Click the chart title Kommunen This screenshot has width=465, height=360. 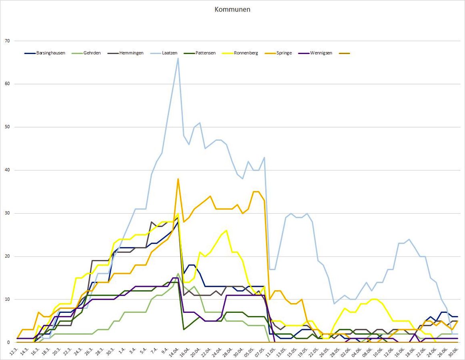[x=232, y=10]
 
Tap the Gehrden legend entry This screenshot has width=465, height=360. [x=92, y=53]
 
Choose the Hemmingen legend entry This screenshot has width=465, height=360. [x=130, y=53]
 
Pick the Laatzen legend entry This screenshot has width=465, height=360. [x=170, y=53]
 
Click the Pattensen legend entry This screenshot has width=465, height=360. [x=204, y=53]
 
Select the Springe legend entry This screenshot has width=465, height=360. [x=283, y=53]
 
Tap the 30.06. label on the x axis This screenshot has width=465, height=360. [x=454, y=352]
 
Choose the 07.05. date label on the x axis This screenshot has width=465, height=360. [x=261, y=352]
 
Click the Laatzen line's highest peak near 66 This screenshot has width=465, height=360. [x=178, y=58]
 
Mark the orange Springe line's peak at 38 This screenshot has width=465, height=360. [x=178, y=179]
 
